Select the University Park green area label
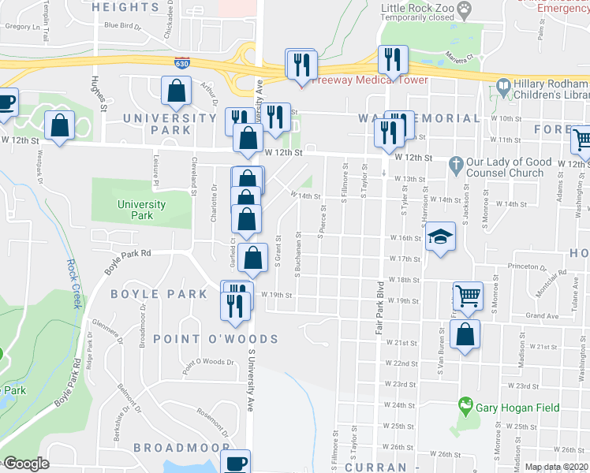(141, 210)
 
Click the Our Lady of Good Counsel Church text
(509, 167)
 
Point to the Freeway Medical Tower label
(369, 80)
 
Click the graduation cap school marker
(440, 236)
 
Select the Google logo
(25, 464)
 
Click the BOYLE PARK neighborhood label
(159, 294)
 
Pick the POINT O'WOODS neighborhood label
(215, 339)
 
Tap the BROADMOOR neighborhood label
(181, 447)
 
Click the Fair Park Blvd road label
(379, 310)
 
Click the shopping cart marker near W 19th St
(468, 296)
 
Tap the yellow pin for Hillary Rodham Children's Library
(502, 84)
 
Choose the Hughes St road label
(99, 94)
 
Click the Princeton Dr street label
(528, 266)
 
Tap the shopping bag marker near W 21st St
(466, 333)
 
